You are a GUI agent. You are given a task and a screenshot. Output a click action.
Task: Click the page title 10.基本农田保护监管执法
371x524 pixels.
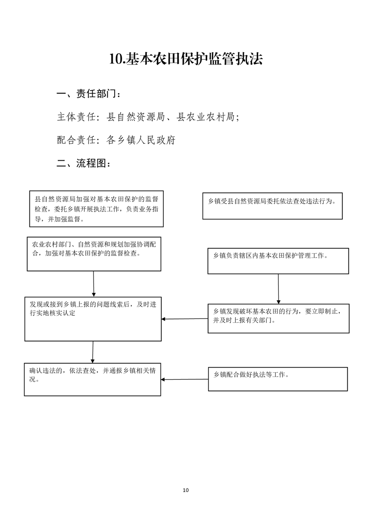[186, 59]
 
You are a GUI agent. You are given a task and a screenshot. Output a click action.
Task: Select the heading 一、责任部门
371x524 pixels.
[88, 94]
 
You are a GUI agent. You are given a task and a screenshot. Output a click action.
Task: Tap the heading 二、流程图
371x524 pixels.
[83, 163]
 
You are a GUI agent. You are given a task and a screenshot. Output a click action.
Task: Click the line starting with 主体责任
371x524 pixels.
[148, 117]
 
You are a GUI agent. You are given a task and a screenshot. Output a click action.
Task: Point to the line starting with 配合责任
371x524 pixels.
[116, 140]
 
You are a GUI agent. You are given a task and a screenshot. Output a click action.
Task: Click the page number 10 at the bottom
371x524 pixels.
[186, 490]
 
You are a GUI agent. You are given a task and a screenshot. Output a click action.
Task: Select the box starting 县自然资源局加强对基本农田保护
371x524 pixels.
[96, 209]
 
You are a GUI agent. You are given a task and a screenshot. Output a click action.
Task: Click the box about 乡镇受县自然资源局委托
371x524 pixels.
[273, 206]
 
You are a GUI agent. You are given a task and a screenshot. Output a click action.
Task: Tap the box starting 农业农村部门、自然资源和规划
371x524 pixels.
[94, 254]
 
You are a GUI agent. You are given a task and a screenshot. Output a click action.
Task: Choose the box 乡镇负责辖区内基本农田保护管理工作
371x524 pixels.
[278, 261]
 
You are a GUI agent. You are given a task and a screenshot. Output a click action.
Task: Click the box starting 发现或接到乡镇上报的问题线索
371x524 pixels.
[93, 319]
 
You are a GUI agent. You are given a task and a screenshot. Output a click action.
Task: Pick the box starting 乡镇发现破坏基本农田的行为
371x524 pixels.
[278, 319]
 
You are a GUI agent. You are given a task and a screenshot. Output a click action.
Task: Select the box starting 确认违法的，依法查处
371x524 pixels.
[93, 380]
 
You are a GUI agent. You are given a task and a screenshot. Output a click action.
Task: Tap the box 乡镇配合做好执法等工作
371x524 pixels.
[278, 379]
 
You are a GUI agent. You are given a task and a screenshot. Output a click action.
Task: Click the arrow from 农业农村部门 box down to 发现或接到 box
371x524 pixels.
[94, 284]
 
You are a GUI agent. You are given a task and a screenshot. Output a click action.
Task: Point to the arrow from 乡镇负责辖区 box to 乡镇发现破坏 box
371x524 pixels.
[278, 289]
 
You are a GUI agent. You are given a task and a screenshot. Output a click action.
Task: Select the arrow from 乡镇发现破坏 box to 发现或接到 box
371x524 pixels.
[184, 319]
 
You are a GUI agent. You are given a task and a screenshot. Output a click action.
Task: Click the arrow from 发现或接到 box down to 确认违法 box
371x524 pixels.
[93, 352]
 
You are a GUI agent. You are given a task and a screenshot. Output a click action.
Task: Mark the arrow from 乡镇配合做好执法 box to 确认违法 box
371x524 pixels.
[184, 379]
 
